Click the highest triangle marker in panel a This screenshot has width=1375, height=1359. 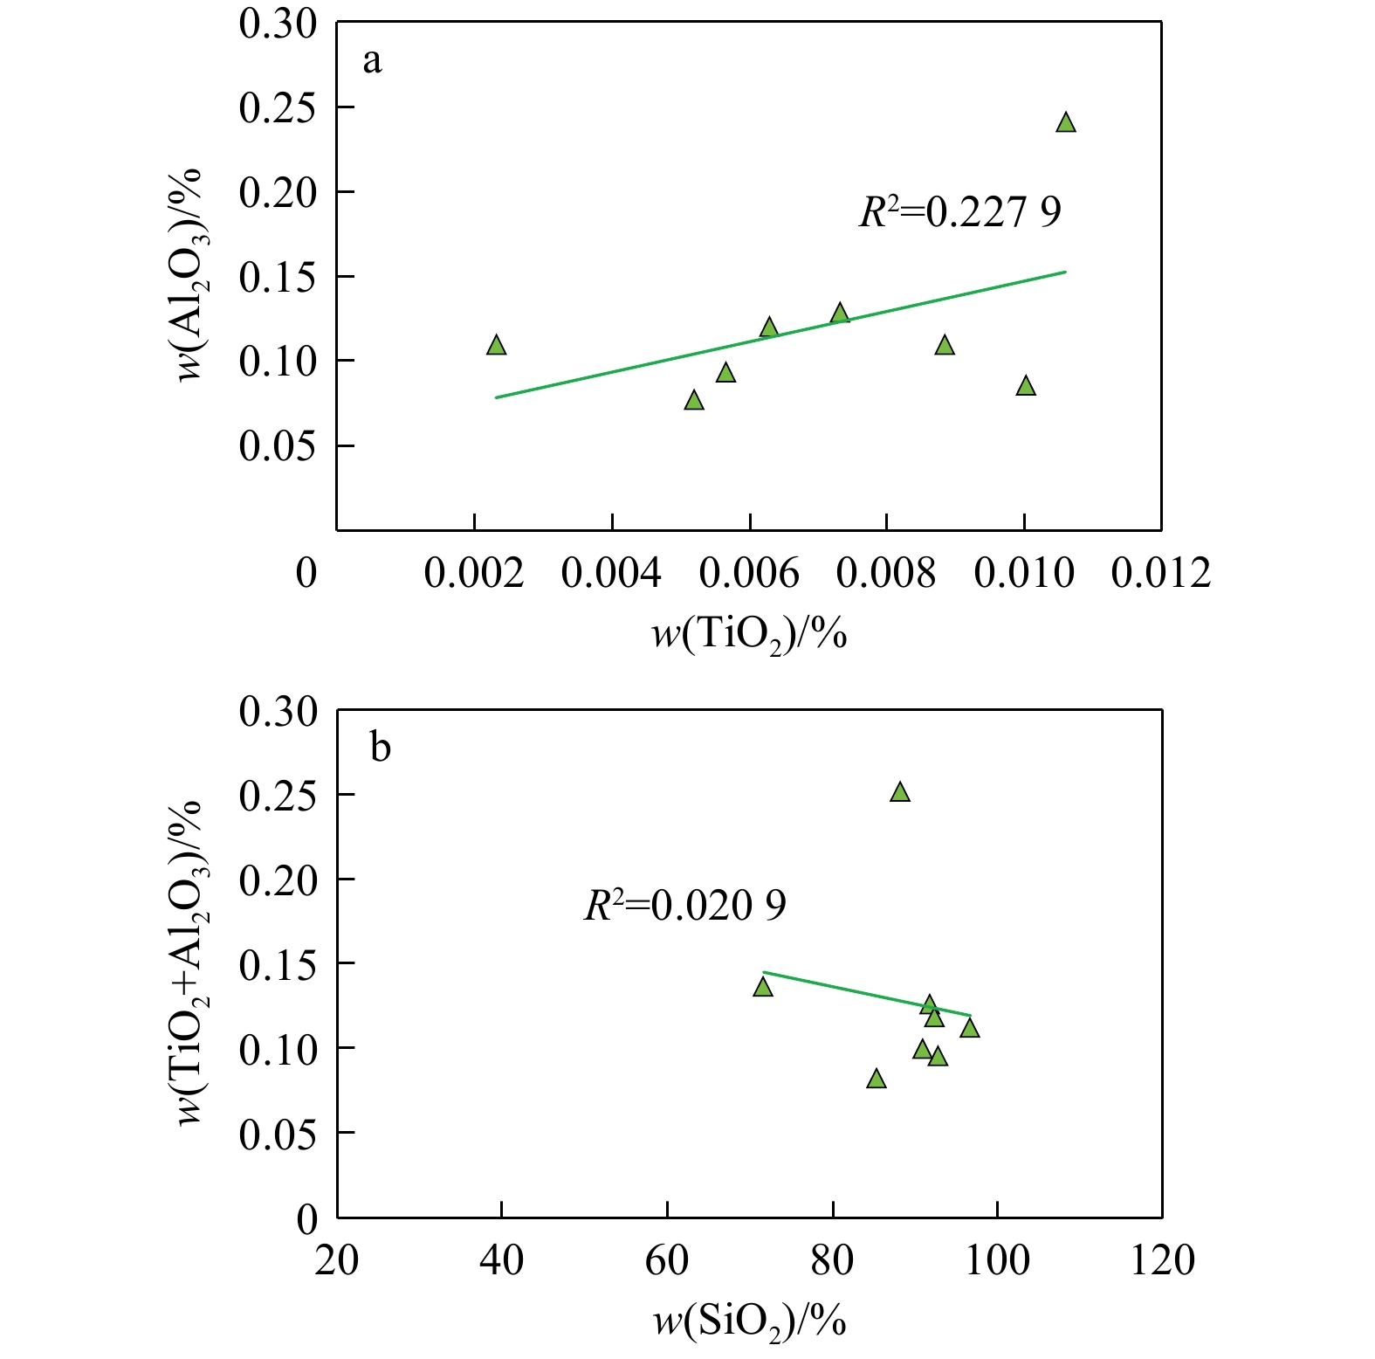point(1065,123)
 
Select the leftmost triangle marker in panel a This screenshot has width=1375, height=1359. point(496,346)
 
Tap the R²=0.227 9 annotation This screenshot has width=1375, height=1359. point(959,212)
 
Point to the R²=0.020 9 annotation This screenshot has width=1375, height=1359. point(684,906)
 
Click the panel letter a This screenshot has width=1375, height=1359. point(372,61)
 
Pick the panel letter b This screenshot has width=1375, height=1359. point(380,748)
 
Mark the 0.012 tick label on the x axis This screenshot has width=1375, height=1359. point(1160,574)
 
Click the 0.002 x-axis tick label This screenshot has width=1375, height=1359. point(473,574)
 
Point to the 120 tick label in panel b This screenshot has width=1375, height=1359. point(1162,1261)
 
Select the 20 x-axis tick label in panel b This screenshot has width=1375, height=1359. point(336,1261)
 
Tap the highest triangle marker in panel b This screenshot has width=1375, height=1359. point(900,793)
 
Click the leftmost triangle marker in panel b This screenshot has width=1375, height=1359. point(763,987)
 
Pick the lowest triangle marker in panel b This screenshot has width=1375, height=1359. point(877,1080)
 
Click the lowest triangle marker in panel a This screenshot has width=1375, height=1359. point(694,401)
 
